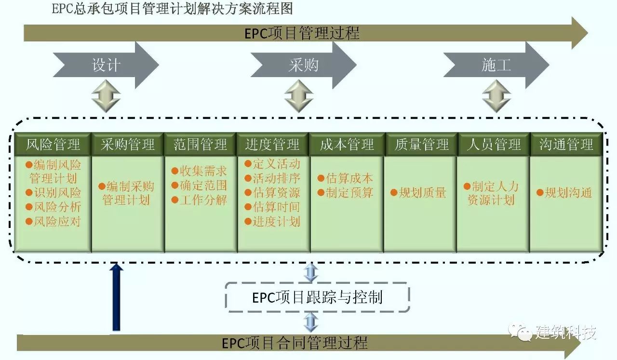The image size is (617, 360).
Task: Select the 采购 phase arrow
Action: click(303, 65)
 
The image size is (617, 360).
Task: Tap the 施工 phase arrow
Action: click(496, 65)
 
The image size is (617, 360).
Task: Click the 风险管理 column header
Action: click(53, 144)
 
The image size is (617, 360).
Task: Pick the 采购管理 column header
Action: click(128, 144)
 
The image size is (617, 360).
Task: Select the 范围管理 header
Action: click(201, 144)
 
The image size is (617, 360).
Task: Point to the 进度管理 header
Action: click(273, 144)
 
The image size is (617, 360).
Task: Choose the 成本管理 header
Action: click(347, 144)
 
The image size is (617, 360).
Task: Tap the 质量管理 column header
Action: click(421, 144)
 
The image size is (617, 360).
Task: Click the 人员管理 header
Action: click(494, 144)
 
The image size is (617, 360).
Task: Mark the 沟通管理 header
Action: click(566, 144)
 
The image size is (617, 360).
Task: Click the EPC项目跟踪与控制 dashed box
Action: click(317, 297)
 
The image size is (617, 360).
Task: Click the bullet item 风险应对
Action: click(54, 222)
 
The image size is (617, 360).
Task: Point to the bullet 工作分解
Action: click(200, 200)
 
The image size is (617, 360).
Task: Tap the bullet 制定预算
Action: click(346, 193)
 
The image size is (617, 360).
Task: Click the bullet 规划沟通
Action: click(564, 193)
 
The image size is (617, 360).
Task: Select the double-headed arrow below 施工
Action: click(496, 96)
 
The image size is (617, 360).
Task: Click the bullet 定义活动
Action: click(273, 164)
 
